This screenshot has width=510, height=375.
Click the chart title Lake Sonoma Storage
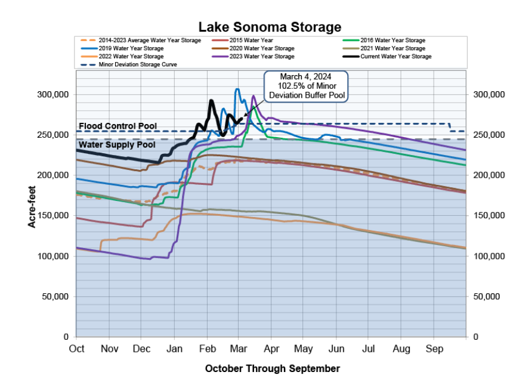[270, 27]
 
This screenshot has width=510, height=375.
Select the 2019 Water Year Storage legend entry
[129, 48]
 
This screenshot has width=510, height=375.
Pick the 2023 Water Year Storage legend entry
[262, 57]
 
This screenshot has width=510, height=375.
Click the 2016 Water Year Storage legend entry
[391, 40]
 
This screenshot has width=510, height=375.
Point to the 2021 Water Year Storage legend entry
[391, 48]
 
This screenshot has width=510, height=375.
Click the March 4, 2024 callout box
[305, 86]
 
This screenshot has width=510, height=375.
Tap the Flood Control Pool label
[118, 126]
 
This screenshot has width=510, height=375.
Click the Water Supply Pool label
[118, 144]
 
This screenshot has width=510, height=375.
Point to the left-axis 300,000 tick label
[54, 95]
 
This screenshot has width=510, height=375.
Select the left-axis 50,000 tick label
[56, 296]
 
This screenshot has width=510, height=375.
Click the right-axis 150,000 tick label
[488, 216]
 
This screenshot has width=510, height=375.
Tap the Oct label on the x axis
[76, 348]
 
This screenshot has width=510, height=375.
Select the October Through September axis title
[272, 368]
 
